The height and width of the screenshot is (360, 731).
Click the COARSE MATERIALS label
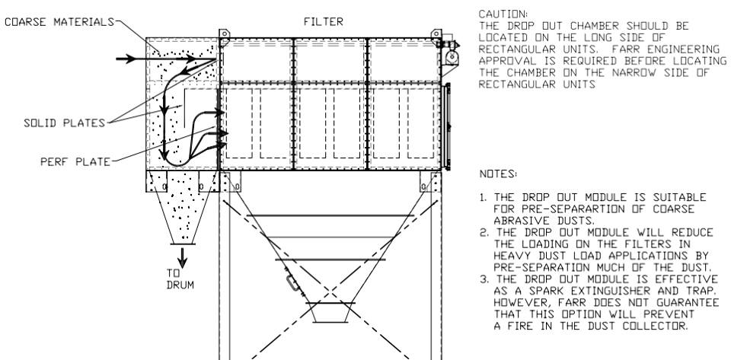pyautogui.click(x=59, y=21)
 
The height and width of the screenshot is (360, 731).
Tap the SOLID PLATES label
pyautogui.click(x=64, y=123)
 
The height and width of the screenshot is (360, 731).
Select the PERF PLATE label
pyautogui.click(x=75, y=162)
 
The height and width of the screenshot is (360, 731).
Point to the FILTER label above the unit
pyautogui.click(x=323, y=21)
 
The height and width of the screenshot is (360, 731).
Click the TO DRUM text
pyautogui.click(x=180, y=279)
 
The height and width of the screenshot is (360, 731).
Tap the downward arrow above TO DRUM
pyautogui.click(x=182, y=257)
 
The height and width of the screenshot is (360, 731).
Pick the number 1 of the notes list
pyautogui.click(x=483, y=197)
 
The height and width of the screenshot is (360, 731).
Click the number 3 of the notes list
pyautogui.click(x=484, y=279)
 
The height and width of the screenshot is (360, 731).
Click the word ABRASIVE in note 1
pyautogui.click(x=518, y=221)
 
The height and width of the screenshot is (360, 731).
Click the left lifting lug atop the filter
pyautogui.click(x=224, y=36)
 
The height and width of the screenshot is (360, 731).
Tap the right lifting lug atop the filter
pyautogui.click(x=436, y=34)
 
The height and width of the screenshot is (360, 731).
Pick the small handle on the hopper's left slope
pyautogui.click(x=292, y=282)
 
